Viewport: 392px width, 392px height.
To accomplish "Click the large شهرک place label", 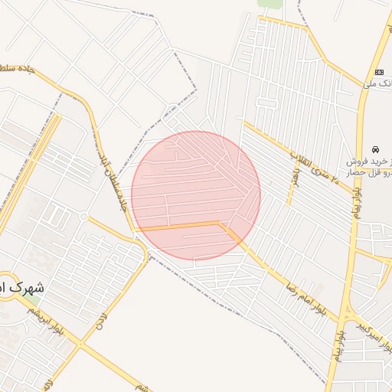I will [20, 288].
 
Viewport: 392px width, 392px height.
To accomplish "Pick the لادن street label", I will [99, 322].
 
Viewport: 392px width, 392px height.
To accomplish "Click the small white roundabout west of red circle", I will [83, 217].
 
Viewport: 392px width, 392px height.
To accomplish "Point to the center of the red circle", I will [196, 195].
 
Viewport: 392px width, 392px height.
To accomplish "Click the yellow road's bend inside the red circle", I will [221, 224].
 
